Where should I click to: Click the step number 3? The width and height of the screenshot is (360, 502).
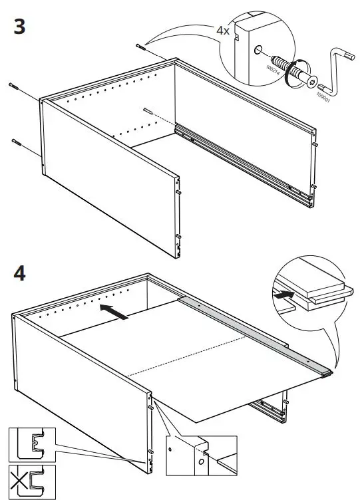pos(19,27)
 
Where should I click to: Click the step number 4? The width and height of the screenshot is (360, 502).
pos(20,273)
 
